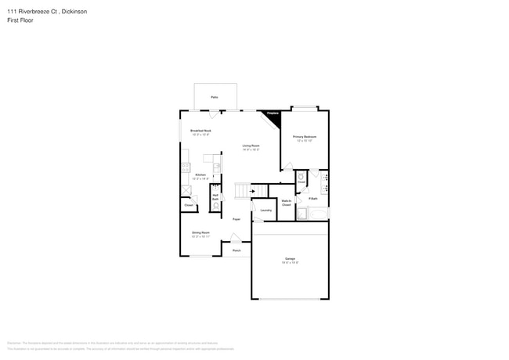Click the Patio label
pos(214,97)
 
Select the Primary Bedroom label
pos(305,137)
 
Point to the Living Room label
pos(251,146)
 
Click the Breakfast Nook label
pos(200,131)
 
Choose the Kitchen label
pos(200,175)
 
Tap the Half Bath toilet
pos(215,205)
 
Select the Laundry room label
pos(265,210)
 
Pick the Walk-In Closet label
pos(287,203)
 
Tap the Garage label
pos(290,258)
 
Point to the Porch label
pos(236,250)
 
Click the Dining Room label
pos(200,232)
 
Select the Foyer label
pos(236,219)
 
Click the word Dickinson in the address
pos(78,10)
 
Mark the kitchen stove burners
pos(186,167)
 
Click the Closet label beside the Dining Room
pos(189,205)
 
